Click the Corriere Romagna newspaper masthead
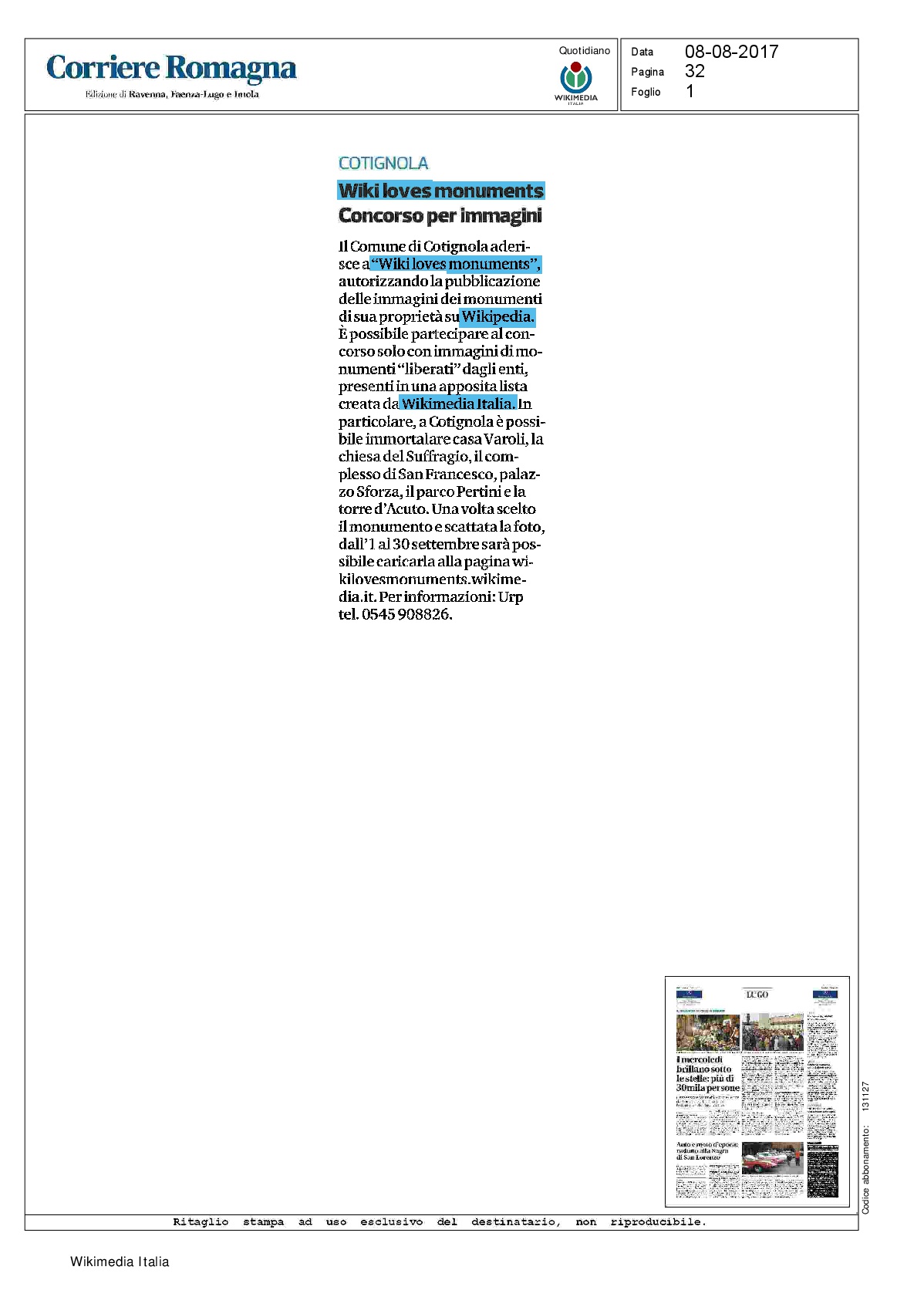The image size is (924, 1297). point(171,68)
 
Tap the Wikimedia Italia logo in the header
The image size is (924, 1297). point(575,81)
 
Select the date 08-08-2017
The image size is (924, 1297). point(731,52)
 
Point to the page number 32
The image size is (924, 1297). point(694,71)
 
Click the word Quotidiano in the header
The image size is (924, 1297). point(584,51)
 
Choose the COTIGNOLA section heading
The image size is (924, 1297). point(383,164)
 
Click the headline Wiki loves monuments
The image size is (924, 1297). point(440,191)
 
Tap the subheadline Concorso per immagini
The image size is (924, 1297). point(440,215)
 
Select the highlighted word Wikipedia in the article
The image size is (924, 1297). point(497,316)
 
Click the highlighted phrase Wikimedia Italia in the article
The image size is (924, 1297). point(457,404)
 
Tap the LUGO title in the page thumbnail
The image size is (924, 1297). point(757,995)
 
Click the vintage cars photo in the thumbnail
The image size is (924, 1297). point(772,1157)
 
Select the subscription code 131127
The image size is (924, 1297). point(865,1096)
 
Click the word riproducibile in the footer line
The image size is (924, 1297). point(658,1222)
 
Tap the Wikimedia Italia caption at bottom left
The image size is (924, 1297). point(120,1262)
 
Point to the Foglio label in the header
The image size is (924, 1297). point(646,92)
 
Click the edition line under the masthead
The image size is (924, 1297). point(172,94)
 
